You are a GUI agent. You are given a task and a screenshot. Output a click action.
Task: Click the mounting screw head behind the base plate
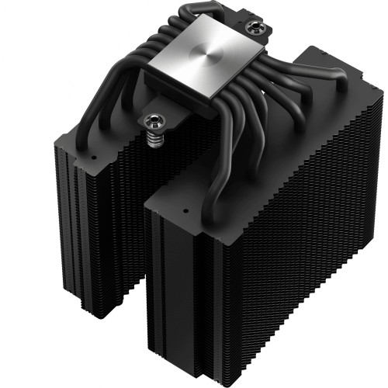[255, 29]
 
